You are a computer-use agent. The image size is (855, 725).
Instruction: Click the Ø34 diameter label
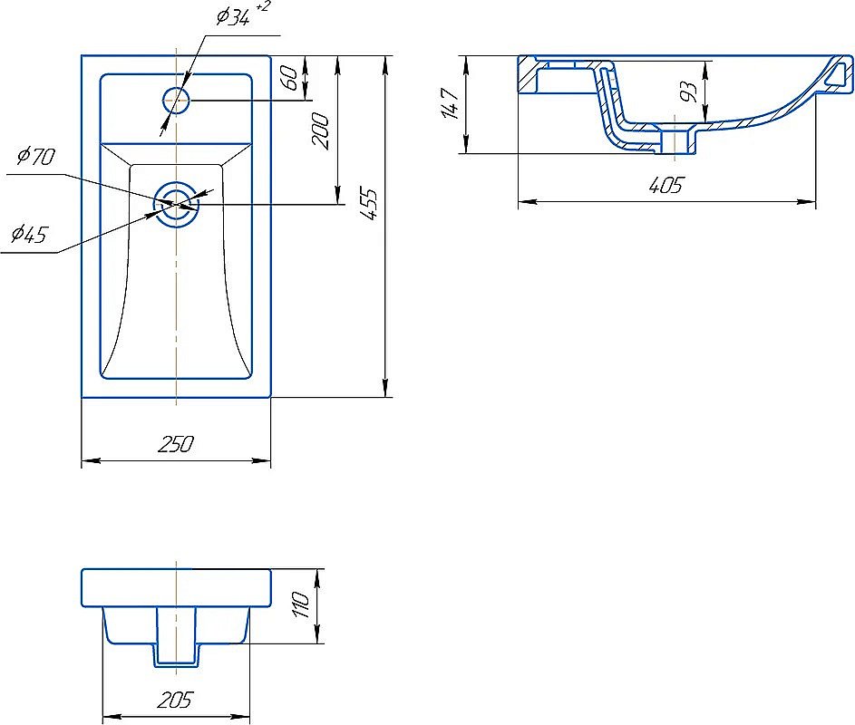click(233, 17)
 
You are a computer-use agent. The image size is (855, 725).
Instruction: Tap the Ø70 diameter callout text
click(36, 157)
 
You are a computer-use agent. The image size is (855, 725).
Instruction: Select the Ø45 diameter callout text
click(30, 235)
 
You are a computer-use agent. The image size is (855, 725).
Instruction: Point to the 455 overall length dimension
click(370, 203)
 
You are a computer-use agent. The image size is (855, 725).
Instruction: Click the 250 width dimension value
click(176, 444)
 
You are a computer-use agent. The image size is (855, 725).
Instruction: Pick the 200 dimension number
click(321, 130)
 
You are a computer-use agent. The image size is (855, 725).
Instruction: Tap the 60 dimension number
click(289, 79)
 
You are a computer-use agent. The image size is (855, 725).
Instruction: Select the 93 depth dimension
click(689, 92)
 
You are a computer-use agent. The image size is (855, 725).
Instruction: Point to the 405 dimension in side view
click(666, 186)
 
